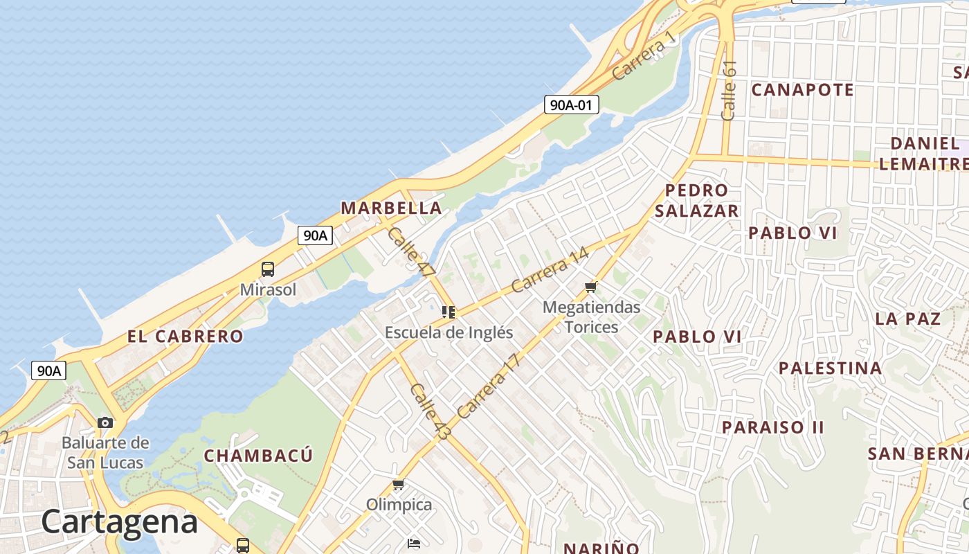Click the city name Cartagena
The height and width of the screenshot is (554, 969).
[x=120, y=521]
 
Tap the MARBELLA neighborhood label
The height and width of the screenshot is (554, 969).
[x=391, y=208]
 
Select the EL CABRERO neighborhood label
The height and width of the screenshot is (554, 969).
[x=185, y=337]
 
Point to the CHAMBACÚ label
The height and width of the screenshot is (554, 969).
[x=258, y=456]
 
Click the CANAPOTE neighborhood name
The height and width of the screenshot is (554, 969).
[x=802, y=90]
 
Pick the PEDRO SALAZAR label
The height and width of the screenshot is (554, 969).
[x=696, y=201]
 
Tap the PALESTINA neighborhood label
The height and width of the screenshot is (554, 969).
[x=831, y=368]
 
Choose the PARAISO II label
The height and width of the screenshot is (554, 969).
[x=773, y=427]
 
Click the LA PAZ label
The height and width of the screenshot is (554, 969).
[x=908, y=319]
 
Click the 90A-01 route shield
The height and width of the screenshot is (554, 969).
[x=571, y=105]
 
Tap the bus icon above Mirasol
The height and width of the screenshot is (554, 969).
[x=268, y=269]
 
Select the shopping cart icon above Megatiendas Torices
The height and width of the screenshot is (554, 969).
[x=590, y=287]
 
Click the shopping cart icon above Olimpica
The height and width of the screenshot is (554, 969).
[x=398, y=485]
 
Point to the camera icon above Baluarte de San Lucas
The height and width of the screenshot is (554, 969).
[x=105, y=422]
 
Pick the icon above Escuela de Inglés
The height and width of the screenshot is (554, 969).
[x=449, y=312]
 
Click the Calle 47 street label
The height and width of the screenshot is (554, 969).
[x=410, y=253]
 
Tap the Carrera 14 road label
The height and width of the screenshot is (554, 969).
[x=550, y=270]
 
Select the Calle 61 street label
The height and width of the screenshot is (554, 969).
[x=729, y=90]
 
